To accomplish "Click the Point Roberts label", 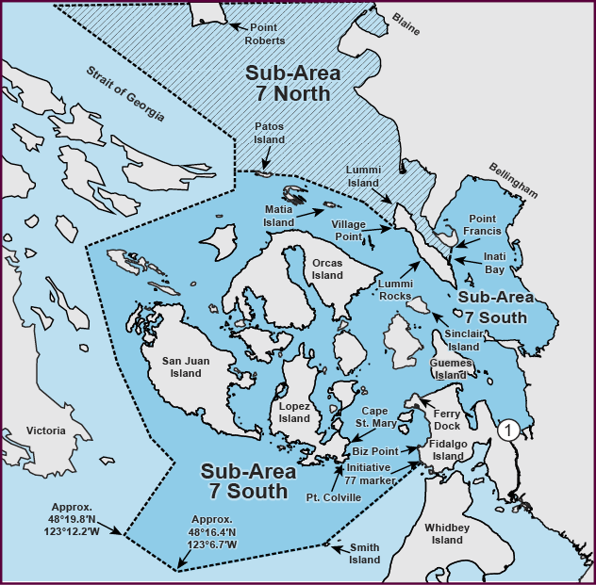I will (263, 33).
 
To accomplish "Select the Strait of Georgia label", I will (125, 94).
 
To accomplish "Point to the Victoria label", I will (46, 431).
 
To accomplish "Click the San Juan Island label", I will (181, 366).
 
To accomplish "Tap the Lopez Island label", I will (294, 412).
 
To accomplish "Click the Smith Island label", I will (364, 553).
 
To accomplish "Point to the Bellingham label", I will (513, 179).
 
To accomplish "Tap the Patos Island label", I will (268, 134).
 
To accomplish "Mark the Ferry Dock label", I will (446, 419).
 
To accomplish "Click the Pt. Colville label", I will (333, 497).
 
